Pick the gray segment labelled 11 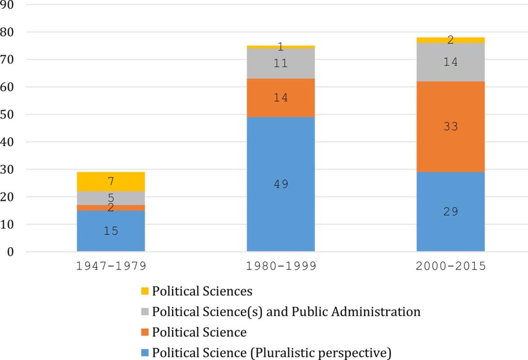coord(280,64)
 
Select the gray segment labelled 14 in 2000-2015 coord(450,62)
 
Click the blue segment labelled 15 coord(110,231)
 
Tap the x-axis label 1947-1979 coord(110,267)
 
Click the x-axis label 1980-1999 coord(280,267)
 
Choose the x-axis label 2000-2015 coord(450,267)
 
